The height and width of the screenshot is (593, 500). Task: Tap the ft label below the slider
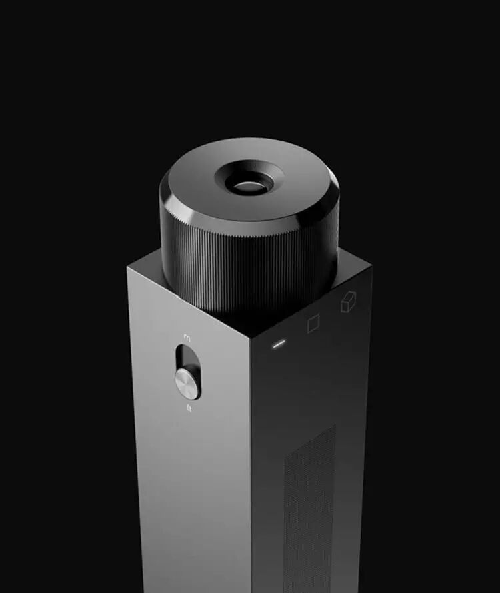tap(189, 408)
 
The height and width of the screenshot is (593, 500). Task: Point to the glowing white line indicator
tap(279, 344)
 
